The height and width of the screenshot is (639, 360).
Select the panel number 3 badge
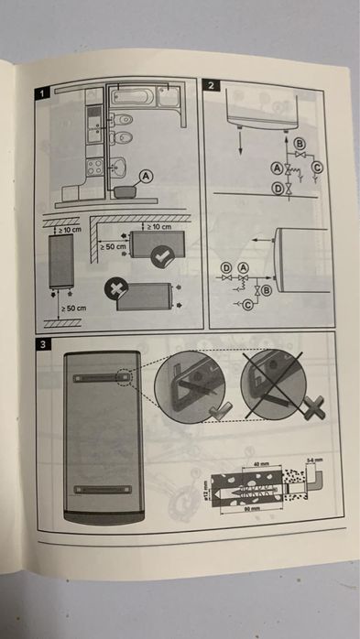(42, 344)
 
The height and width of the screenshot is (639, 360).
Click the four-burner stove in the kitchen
(93, 168)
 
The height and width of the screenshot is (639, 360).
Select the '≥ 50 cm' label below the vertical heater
(72, 310)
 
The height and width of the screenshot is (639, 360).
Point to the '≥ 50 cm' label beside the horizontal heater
(114, 247)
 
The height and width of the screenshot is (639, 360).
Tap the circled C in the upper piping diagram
(318, 168)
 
